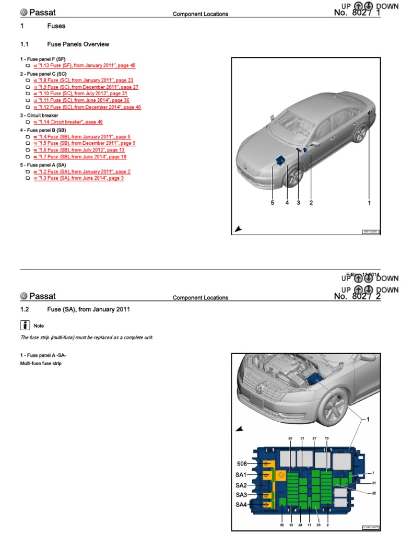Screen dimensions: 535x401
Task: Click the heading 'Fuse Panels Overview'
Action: click(x=78, y=44)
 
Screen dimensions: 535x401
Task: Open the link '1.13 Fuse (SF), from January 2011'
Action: click(x=84, y=66)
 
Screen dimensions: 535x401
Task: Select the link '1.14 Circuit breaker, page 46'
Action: click(x=68, y=122)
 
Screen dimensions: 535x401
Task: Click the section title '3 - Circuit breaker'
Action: click(x=39, y=115)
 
